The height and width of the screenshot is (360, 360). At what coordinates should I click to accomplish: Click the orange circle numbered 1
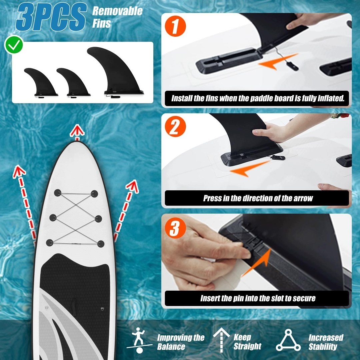coord(175,26)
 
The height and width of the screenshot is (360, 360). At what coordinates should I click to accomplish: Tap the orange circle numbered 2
coord(175,127)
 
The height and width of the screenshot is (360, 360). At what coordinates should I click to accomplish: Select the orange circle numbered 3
coord(175,228)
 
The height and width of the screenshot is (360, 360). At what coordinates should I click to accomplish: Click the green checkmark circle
coord(14,45)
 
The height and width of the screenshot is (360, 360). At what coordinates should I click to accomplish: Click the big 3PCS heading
coord(51,17)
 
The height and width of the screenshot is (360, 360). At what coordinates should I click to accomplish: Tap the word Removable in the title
coord(117,11)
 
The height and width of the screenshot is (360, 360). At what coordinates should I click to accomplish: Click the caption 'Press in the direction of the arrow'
coord(258,198)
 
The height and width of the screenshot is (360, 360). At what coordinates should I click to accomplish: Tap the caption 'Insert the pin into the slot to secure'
coord(258,298)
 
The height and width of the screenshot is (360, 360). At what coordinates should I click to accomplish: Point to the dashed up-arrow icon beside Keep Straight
coord(221,340)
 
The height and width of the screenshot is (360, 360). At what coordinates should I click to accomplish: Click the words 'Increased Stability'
coord(326,342)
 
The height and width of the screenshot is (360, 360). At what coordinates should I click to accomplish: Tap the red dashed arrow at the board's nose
coord(77,132)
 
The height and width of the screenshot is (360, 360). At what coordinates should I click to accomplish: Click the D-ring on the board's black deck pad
coord(102,309)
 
